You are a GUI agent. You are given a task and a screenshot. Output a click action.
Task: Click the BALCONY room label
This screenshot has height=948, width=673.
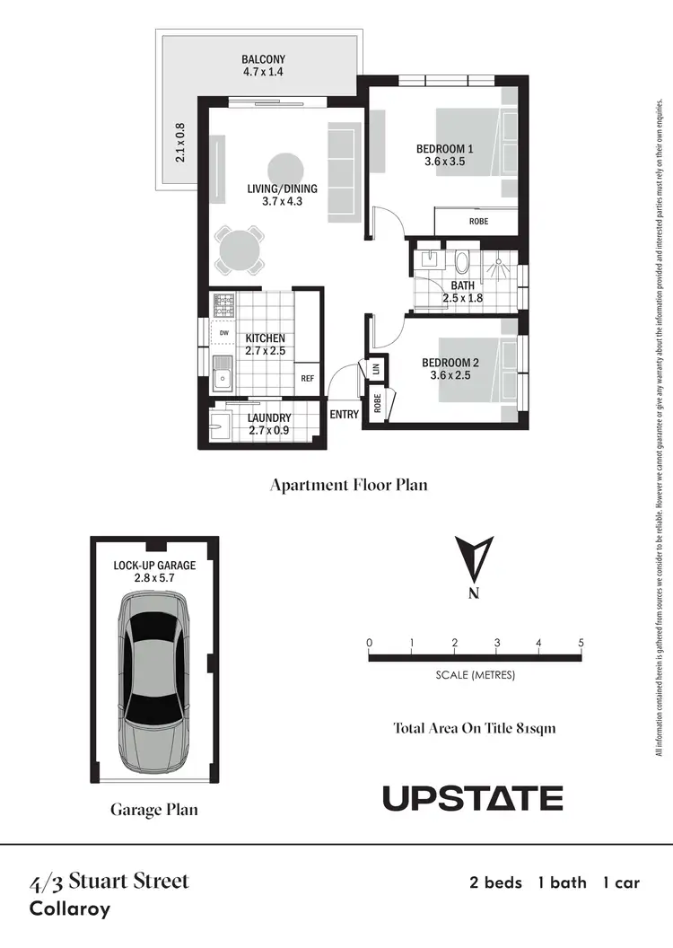pos(263,59)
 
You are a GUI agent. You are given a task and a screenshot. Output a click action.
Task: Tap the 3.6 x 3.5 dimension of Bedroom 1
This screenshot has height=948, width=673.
pos(444,162)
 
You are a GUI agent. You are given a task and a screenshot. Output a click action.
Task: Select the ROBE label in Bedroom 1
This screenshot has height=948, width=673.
pos(478,221)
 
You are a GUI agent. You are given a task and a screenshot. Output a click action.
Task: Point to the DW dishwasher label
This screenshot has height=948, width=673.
pos(223,333)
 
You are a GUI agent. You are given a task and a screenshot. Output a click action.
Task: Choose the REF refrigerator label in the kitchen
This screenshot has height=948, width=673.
pos(308,379)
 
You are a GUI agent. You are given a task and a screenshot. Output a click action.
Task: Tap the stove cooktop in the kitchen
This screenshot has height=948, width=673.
pos(223,305)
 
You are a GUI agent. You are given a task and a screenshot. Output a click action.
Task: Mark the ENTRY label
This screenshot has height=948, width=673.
pos(345,415)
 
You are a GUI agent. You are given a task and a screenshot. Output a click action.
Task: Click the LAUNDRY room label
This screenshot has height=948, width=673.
pos(269,417)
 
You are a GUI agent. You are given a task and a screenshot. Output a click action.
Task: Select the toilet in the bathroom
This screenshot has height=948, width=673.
pos(462,262)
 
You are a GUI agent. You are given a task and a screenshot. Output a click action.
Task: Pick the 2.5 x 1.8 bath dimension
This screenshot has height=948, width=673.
pos(463,299)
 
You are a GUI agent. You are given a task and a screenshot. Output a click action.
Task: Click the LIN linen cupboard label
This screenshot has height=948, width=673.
pos(375,369)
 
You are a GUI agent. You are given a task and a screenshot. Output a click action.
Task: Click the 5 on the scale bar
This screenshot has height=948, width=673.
pos(581,643)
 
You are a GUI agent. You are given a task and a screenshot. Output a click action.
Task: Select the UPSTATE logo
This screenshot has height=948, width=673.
pos(473,798)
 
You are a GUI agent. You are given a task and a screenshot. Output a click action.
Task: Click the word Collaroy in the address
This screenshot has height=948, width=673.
pos(70,908)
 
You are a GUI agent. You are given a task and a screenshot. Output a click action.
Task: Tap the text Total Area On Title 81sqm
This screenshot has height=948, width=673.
pos(475,728)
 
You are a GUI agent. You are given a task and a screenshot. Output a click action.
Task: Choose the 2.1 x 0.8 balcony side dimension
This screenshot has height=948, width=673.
pos(180,142)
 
